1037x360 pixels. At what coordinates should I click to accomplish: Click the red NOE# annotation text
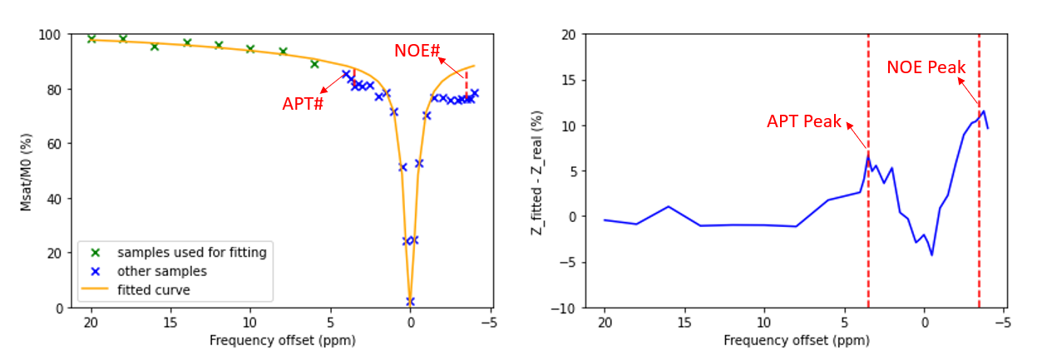click(417, 51)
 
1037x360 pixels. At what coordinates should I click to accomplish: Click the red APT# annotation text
click(303, 104)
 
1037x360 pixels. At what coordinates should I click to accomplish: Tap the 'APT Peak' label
click(803, 121)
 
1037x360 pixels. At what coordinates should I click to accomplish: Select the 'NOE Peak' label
click(926, 67)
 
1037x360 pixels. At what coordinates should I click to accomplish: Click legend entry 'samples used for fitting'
click(191, 252)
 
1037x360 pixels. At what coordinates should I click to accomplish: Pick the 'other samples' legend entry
click(162, 271)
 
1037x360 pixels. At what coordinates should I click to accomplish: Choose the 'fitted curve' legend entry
click(154, 290)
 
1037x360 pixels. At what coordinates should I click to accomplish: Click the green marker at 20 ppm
click(91, 39)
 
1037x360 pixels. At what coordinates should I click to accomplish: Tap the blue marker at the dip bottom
click(410, 301)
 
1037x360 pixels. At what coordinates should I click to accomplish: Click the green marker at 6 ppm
click(315, 64)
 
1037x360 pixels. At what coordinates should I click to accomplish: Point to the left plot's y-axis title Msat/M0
click(26, 172)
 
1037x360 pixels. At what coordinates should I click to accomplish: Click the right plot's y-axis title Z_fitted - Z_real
click(536, 173)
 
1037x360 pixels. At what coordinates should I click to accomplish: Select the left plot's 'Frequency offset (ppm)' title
click(283, 341)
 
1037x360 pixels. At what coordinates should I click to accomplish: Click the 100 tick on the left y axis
click(50, 35)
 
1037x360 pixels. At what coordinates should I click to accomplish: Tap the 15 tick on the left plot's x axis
click(170, 322)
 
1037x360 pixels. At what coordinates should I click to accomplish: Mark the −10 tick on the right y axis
click(562, 308)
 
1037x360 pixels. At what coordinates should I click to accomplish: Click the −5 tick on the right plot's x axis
click(1003, 322)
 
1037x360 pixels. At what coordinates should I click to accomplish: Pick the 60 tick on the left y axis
click(54, 144)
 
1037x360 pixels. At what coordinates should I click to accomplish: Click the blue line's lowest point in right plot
click(931, 254)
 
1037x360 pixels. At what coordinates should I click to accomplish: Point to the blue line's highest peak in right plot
click(983, 111)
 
